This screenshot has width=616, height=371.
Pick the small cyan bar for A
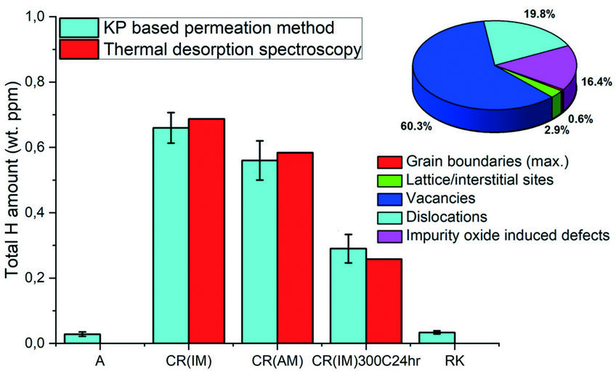pos(82,338)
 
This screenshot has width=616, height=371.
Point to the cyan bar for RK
pos(437,338)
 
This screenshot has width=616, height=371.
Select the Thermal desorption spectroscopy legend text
pos(232,49)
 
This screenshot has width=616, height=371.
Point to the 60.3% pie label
pos(416,125)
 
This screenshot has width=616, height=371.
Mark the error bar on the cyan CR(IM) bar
pos(171,127)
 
